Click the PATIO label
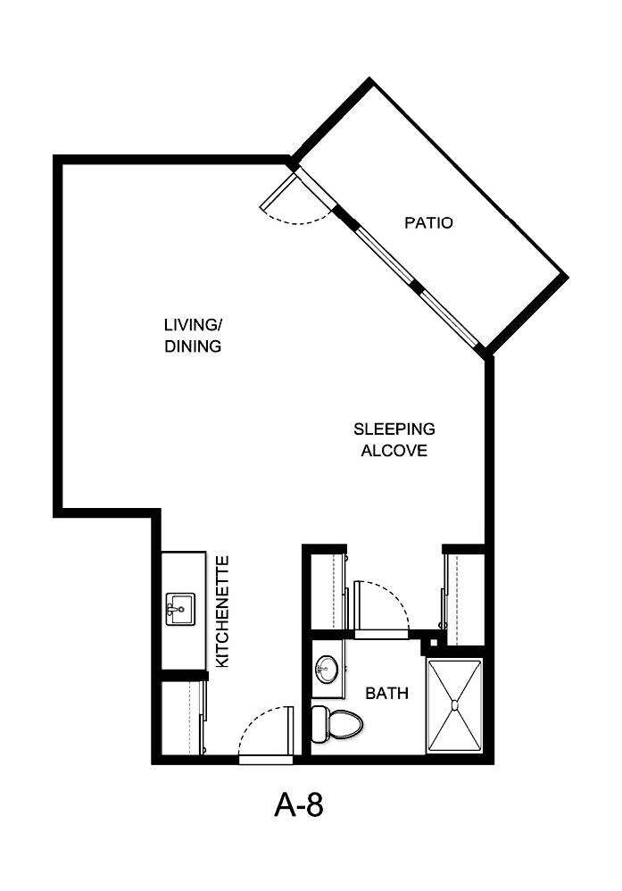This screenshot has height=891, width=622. click(428, 222)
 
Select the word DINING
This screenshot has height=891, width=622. click(193, 346)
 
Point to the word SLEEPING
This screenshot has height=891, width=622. click(394, 429)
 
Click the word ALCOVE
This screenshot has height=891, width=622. click(394, 451)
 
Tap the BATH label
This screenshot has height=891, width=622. click(388, 692)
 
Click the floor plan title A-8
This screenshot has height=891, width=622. click(298, 806)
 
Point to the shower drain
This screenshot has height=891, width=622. click(455, 706)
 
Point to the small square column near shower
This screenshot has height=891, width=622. click(432, 642)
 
